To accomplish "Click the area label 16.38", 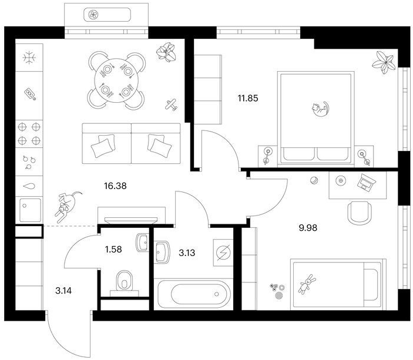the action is point(115,186).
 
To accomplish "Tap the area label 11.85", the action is point(248,99).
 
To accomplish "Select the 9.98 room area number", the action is point(308,228).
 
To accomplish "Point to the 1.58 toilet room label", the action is point(113,249).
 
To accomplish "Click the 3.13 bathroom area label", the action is point(187,253).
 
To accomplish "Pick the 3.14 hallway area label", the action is point(63,291).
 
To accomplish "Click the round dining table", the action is point(116,80).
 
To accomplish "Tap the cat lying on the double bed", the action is point(320,109).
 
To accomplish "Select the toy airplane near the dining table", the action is point(171,105).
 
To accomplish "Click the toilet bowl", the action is point(125,281).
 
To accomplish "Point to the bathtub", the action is point(194,294).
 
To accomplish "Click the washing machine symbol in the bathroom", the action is point(223,253).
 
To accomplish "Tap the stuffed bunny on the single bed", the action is point(307,284).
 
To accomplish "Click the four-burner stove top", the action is point(29,134).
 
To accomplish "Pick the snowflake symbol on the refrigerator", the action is point(29,58).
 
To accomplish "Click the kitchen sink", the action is point(31,210).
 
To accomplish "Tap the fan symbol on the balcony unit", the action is point(93,15).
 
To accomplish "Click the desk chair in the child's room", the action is point(360,213).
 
